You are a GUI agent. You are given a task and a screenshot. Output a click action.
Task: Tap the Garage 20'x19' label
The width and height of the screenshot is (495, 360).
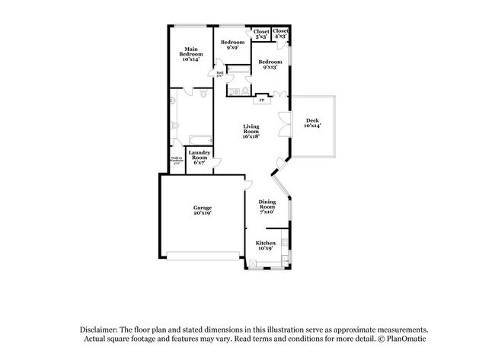click(202, 210)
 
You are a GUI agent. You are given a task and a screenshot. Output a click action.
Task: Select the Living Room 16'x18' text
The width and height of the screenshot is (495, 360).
click(251, 132)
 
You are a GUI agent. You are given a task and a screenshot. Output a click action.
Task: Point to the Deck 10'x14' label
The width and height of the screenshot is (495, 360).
click(312, 123)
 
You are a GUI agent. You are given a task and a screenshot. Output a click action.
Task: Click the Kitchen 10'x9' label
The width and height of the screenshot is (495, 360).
click(265, 245)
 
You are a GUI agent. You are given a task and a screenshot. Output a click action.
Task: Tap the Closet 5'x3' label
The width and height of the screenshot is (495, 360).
click(260, 33)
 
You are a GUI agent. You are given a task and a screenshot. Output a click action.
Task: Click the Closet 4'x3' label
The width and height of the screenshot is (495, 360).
click(280, 33)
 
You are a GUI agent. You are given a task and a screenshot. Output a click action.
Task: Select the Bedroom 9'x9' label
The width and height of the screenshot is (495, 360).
click(232, 44)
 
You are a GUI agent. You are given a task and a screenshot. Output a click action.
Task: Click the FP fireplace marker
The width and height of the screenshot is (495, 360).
click(261, 100)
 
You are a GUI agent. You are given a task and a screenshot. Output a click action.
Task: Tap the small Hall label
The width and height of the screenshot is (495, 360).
click(219, 75)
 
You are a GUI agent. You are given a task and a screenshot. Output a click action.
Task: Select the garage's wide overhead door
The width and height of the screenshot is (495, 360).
click(203, 256)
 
